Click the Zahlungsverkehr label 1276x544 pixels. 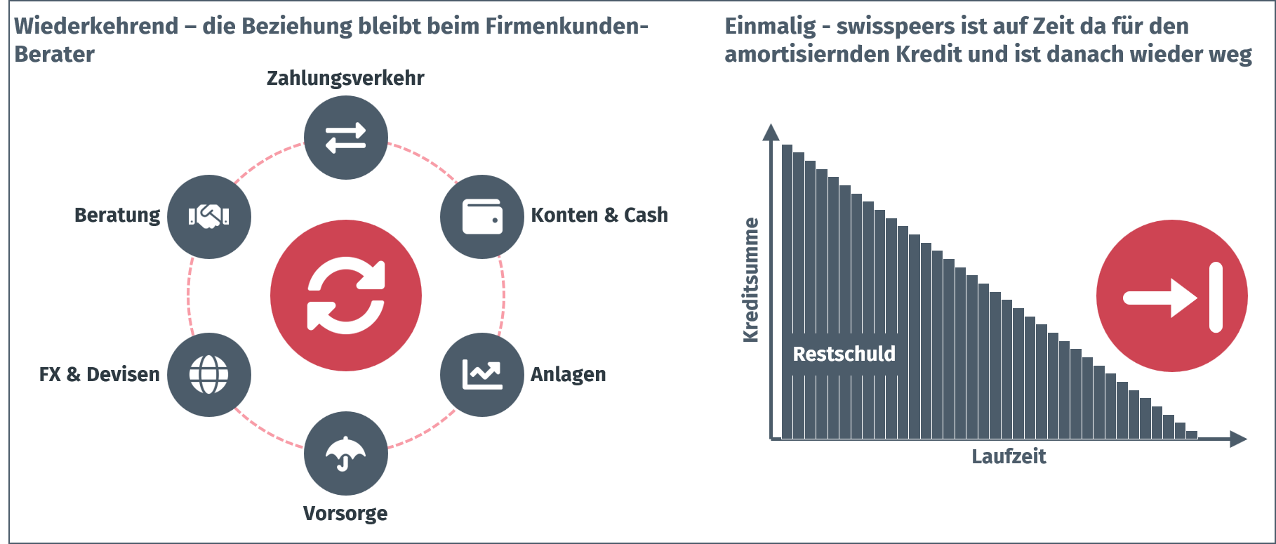click(x=345, y=78)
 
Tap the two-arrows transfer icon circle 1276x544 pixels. click(x=346, y=138)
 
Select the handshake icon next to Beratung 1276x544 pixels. click(x=209, y=217)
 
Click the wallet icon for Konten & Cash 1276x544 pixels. click(x=482, y=217)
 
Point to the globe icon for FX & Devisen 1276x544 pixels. click(x=209, y=375)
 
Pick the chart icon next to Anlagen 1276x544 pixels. click(x=482, y=375)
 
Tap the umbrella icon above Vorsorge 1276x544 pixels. click(x=346, y=453)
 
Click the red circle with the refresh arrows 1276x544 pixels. click(x=346, y=296)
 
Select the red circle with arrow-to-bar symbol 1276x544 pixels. click(x=1172, y=296)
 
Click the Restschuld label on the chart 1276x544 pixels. click(x=844, y=354)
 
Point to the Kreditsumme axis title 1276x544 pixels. click(x=751, y=280)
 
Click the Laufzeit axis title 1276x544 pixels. click(x=1009, y=457)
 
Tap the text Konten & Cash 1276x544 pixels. click(x=599, y=215)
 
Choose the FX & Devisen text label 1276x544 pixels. click(x=100, y=374)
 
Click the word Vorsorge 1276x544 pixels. click(x=345, y=513)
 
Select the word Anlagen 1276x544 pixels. click(x=569, y=375)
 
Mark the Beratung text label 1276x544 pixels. click(x=117, y=215)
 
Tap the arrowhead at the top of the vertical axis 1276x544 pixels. click(x=771, y=132)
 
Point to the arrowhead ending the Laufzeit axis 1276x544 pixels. click(x=1239, y=439)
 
